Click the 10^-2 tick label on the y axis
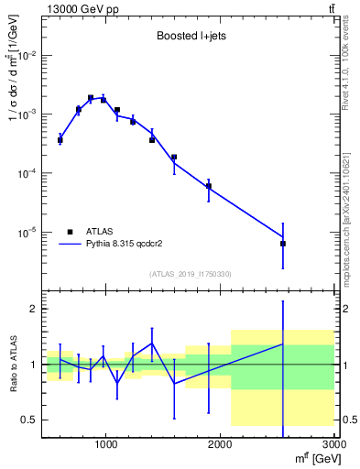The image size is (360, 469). pos(28,56)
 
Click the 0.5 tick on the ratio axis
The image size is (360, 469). pos(27,420)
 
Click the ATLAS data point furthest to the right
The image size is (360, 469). pos(283,244)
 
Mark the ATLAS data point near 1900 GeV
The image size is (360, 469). pos(209,186)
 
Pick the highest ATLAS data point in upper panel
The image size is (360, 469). pos(91,98)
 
